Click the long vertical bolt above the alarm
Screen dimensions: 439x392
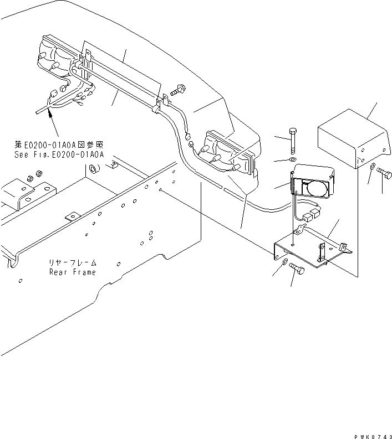(292, 143)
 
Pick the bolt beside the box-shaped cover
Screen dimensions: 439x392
(384, 174)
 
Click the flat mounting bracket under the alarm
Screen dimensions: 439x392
(310, 252)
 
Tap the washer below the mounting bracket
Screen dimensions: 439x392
(284, 262)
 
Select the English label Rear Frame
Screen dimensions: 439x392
(72, 272)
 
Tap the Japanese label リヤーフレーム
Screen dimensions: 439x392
(72, 263)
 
